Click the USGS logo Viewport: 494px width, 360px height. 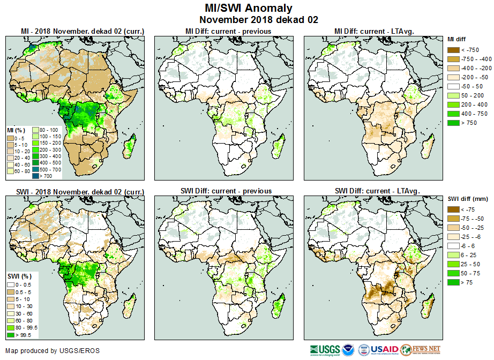tap(325, 350)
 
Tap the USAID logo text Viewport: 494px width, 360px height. tap(385, 350)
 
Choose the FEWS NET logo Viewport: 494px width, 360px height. tap(421, 350)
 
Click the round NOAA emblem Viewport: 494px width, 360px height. tap(348, 350)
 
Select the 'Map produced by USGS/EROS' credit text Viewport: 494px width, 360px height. tap(53, 351)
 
